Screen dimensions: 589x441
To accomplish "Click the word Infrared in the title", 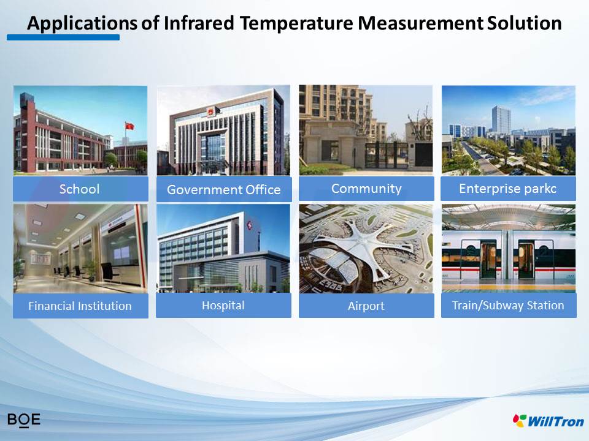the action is coord(199,23).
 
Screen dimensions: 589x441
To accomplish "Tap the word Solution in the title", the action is coord(525,23).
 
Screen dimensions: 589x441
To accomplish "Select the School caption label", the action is coord(80,189).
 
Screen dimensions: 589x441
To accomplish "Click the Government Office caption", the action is coord(224,189).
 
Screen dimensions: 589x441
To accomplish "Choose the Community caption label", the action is coord(366,188).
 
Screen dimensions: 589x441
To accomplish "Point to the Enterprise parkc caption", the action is coord(508,188).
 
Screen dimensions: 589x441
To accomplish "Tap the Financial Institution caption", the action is coord(80,306).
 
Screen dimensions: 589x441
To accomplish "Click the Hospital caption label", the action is coord(223,305).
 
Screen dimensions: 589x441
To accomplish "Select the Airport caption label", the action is coord(366,306).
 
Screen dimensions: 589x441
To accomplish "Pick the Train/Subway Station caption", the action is coord(509,305).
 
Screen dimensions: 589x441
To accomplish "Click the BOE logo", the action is coord(24,420).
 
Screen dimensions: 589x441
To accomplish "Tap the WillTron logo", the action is coord(549,421).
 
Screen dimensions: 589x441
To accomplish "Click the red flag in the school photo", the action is coord(129,126).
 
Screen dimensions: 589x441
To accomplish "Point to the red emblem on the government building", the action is coord(210,111).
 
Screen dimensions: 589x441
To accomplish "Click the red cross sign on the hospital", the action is coord(250,225).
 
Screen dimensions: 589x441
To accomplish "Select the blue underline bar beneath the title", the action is coord(63,37).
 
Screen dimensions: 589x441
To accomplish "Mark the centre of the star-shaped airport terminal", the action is coord(361,239).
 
